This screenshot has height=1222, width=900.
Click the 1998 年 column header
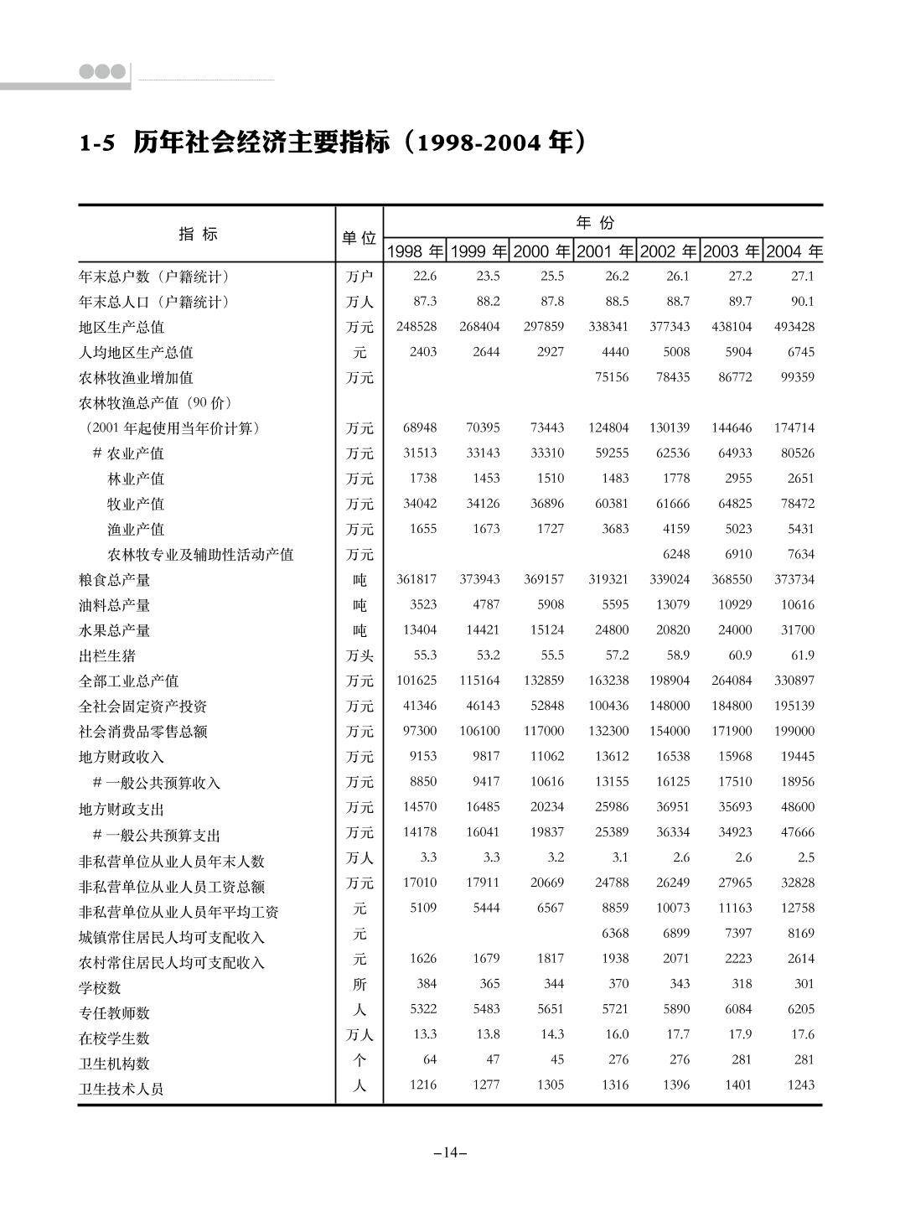click(415, 251)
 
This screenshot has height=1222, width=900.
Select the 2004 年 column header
click(794, 251)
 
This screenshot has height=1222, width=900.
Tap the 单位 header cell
click(359, 238)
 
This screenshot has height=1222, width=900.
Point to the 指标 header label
click(198, 235)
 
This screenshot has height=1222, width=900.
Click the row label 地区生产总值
click(122, 327)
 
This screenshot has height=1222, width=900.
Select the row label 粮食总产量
click(114, 580)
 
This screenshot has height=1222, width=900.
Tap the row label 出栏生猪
click(107, 655)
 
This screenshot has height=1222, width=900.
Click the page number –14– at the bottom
click(450, 1153)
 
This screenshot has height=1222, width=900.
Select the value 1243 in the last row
click(800, 1085)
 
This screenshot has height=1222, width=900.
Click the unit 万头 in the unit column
click(359, 655)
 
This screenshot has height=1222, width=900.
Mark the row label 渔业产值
click(136, 530)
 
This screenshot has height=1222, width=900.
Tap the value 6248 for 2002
click(675, 554)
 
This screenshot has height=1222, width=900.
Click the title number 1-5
click(96, 144)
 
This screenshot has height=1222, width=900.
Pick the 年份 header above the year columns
click(595, 223)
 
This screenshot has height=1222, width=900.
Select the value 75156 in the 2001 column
click(611, 377)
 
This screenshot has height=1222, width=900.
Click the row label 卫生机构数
click(114, 1064)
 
